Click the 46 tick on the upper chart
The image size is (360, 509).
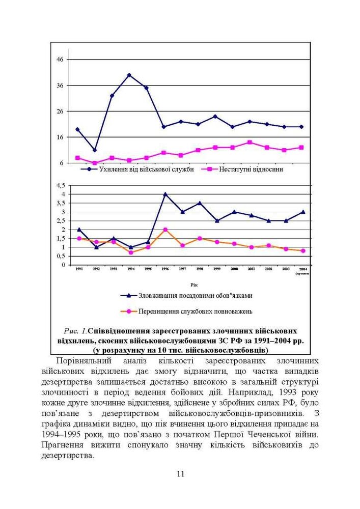[x=60, y=60]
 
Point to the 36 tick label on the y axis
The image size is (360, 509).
[x=60, y=86]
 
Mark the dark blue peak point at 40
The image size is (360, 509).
[x=129, y=75]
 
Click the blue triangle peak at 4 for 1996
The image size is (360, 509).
[x=165, y=194]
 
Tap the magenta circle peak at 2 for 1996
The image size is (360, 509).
[x=165, y=230]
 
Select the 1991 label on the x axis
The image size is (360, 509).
[x=79, y=268]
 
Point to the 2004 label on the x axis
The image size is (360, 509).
[x=302, y=268]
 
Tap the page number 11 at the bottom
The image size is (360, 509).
[x=180, y=474]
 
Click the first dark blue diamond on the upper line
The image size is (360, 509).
[x=77, y=129]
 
